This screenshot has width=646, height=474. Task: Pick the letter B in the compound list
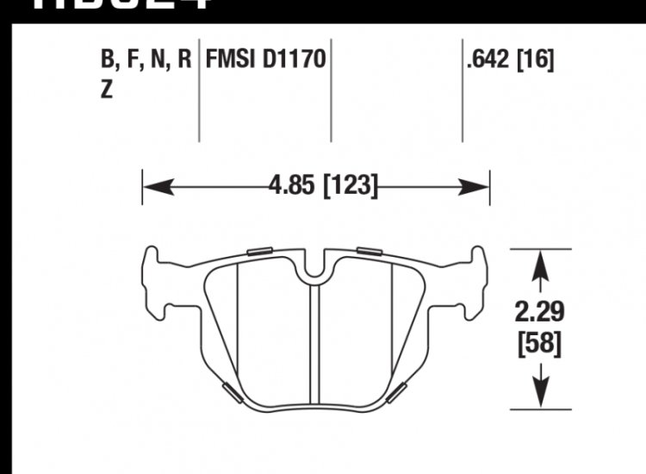pos(108,60)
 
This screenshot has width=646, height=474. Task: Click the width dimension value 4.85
pos(292,186)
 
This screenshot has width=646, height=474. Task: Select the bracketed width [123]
pos(349,186)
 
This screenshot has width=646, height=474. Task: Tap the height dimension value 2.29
pos(541,310)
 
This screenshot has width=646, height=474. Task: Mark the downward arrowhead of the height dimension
pos(540,396)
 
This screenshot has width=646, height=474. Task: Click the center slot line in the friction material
pos(314,345)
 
